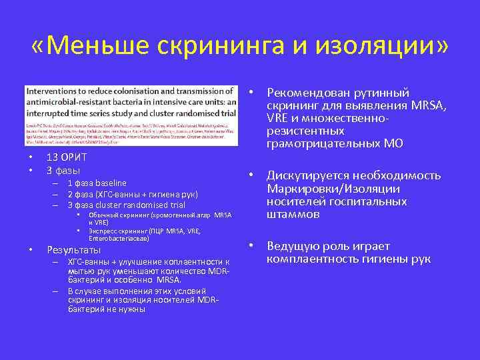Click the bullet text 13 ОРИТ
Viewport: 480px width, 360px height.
tap(67, 157)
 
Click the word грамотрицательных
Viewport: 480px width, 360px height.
tap(321, 143)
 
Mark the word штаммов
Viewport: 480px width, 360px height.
tap(293, 215)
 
